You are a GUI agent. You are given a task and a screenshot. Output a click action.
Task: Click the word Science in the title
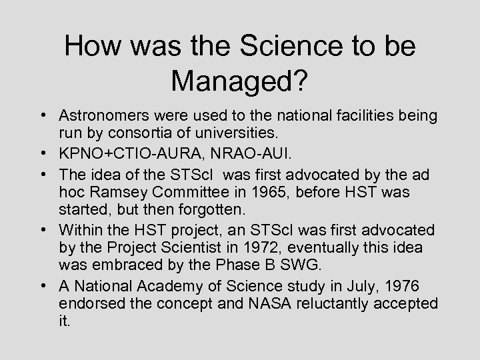pyautogui.click(x=277, y=46)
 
